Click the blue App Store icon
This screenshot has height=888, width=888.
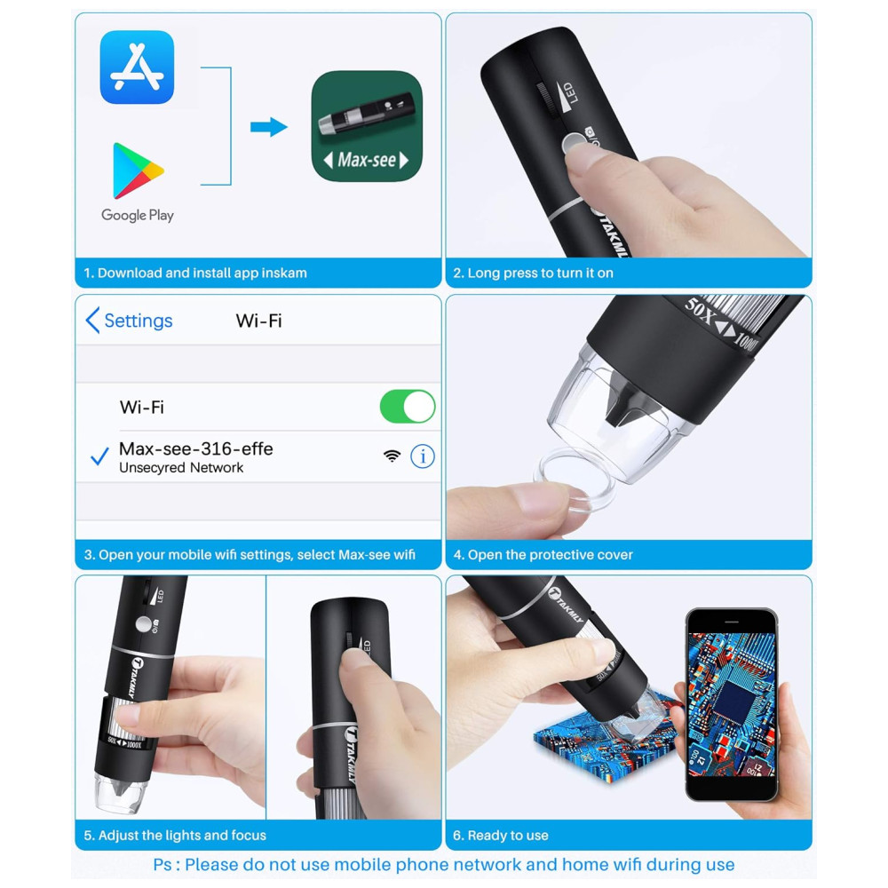(137, 67)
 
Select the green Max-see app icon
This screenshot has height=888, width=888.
(367, 126)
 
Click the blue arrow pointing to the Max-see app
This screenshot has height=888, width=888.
(269, 127)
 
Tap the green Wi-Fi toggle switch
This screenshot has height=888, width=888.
(408, 407)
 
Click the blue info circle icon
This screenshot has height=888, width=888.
(423, 456)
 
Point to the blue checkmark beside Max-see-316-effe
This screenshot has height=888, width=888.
(99, 456)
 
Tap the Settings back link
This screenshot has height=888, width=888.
(130, 321)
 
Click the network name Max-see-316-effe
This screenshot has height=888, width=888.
(196, 449)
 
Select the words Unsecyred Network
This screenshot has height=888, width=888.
(181, 468)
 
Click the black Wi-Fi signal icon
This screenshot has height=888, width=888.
(392, 456)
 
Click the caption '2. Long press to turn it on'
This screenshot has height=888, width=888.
(533, 273)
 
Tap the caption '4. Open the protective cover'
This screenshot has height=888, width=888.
(543, 555)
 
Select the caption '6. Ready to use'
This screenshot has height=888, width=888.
(501, 836)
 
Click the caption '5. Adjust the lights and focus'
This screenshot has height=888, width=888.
(175, 836)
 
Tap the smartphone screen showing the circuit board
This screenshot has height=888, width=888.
(731, 705)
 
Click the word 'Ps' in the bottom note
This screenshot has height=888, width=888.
(162, 865)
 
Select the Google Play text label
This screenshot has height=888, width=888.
(138, 215)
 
